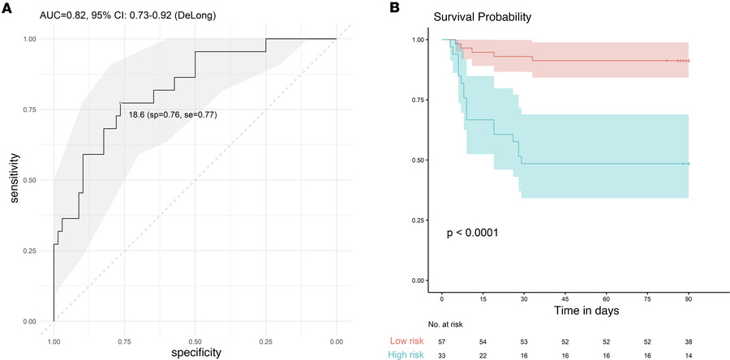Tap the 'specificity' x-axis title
(195, 353)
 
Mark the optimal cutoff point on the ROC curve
(120, 103)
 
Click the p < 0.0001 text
(472, 234)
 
